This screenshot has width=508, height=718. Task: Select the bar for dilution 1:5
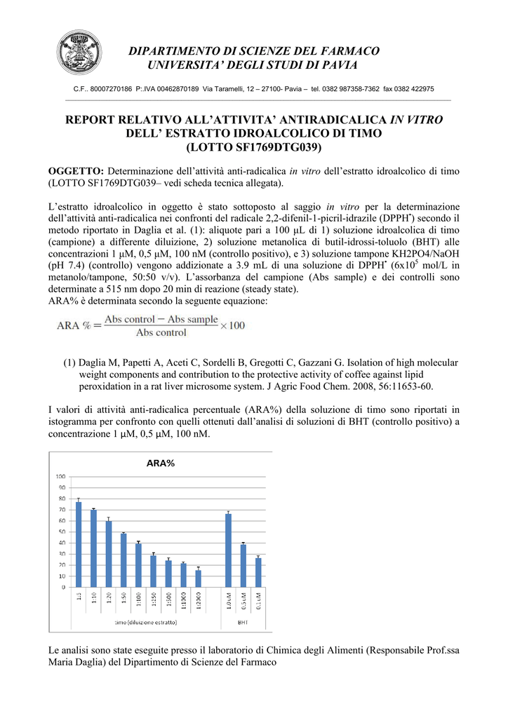pyautogui.click(x=79, y=544)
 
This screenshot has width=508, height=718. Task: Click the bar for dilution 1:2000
pyautogui.click(x=198, y=578)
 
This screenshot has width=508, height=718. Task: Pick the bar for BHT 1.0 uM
pyautogui.click(x=228, y=550)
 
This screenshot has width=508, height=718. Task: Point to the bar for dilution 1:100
pyautogui.click(x=138, y=565)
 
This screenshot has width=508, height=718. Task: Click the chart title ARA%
pyautogui.click(x=160, y=463)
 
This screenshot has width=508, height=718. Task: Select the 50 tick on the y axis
pyautogui.click(x=62, y=531)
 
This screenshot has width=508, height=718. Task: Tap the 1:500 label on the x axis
pyautogui.click(x=168, y=600)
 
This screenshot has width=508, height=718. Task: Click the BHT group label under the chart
pyautogui.click(x=243, y=622)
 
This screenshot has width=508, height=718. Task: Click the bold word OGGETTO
pyautogui.click(x=76, y=171)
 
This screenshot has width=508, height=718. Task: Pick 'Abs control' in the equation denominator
pyautogui.click(x=161, y=333)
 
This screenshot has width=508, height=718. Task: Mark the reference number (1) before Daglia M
pyautogui.click(x=69, y=363)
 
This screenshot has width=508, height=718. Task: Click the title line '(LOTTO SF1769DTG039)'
pyautogui.click(x=253, y=147)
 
